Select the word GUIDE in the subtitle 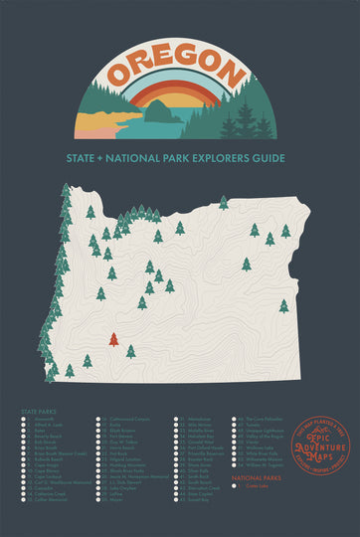pyautogui.click(x=269, y=157)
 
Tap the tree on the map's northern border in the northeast pyautogui.click(x=224, y=202)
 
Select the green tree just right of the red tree pyautogui.click(x=130, y=351)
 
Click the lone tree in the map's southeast pyautogui.click(x=283, y=306)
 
